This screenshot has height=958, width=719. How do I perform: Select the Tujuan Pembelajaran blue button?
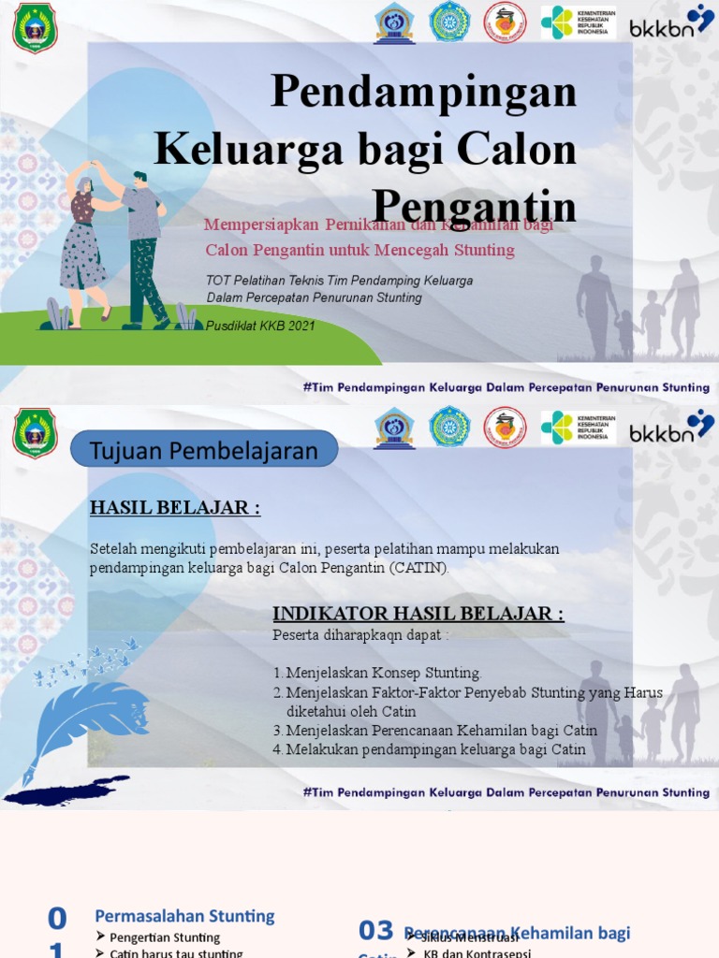click(204, 451)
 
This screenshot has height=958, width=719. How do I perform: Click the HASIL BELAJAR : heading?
click(174, 508)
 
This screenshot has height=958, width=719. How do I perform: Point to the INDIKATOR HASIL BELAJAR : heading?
click(418, 614)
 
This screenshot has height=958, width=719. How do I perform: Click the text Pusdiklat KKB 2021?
click(260, 327)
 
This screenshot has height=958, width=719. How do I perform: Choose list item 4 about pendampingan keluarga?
click(435, 749)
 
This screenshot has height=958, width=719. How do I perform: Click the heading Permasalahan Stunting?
click(185, 916)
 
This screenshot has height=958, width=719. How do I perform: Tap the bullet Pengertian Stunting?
click(165, 937)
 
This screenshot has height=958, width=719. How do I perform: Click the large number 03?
click(376, 930)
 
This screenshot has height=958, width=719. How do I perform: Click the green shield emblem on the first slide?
click(35, 28)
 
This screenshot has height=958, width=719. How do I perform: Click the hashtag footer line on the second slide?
click(506, 792)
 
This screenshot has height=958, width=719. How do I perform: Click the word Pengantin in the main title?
click(474, 206)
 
